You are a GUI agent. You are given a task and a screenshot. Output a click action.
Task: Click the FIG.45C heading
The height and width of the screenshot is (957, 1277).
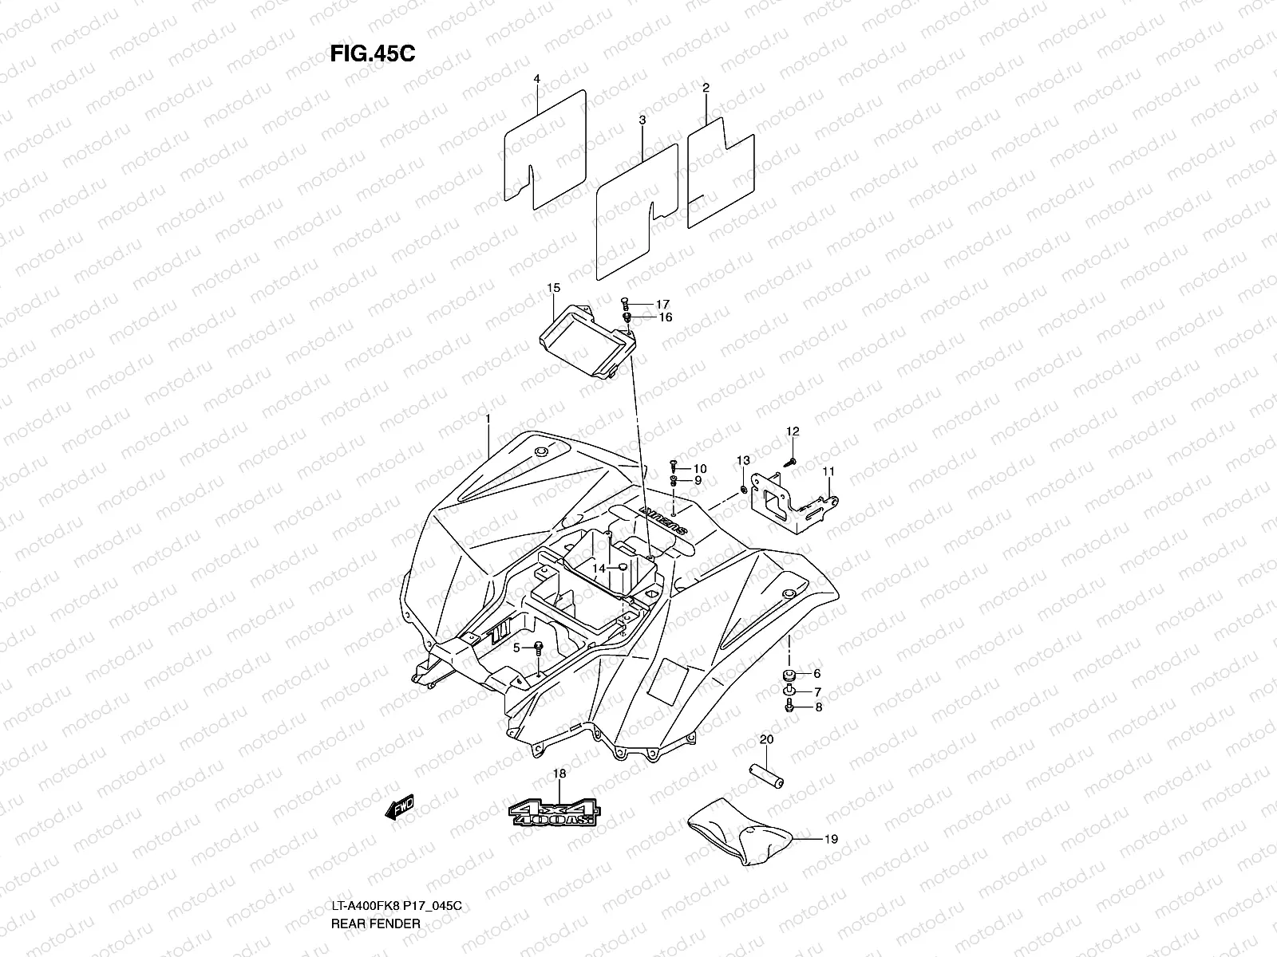pyautogui.click(x=372, y=53)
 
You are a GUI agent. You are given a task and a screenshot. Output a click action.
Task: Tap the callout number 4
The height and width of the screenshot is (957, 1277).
pyautogui.click(x=537, y=79)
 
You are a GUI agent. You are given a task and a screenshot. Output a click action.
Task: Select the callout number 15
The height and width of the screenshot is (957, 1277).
pyautogui.click(x=553, y=287)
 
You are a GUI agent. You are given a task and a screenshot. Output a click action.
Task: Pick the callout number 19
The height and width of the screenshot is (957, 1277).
pyautogui.click(x=831, y=839)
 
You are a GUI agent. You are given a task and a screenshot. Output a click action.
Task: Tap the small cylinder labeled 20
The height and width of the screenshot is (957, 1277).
pyautogui.click(x=765, y=774)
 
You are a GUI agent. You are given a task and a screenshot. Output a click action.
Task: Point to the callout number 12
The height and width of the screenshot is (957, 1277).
pyautogui.click(x=792, y=431)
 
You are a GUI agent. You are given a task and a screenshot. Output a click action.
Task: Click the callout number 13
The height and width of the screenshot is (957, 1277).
pyautogui.click(x=743, y=461)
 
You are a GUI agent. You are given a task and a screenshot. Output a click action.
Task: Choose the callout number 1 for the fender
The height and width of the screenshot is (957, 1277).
pyautogui.click(x=488, y=419)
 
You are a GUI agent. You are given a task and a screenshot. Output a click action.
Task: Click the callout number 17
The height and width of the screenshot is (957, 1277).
pyautogui.click(x=662, y=305)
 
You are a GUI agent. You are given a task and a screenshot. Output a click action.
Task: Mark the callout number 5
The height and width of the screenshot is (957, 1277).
pyautogui.click(x=516, y=648)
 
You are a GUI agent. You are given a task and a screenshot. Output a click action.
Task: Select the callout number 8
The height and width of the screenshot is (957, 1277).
pyautogui.click(x=817, y=707)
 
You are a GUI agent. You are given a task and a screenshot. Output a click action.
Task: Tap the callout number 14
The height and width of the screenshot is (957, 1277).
pyautogui.click(x=599, y=568)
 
